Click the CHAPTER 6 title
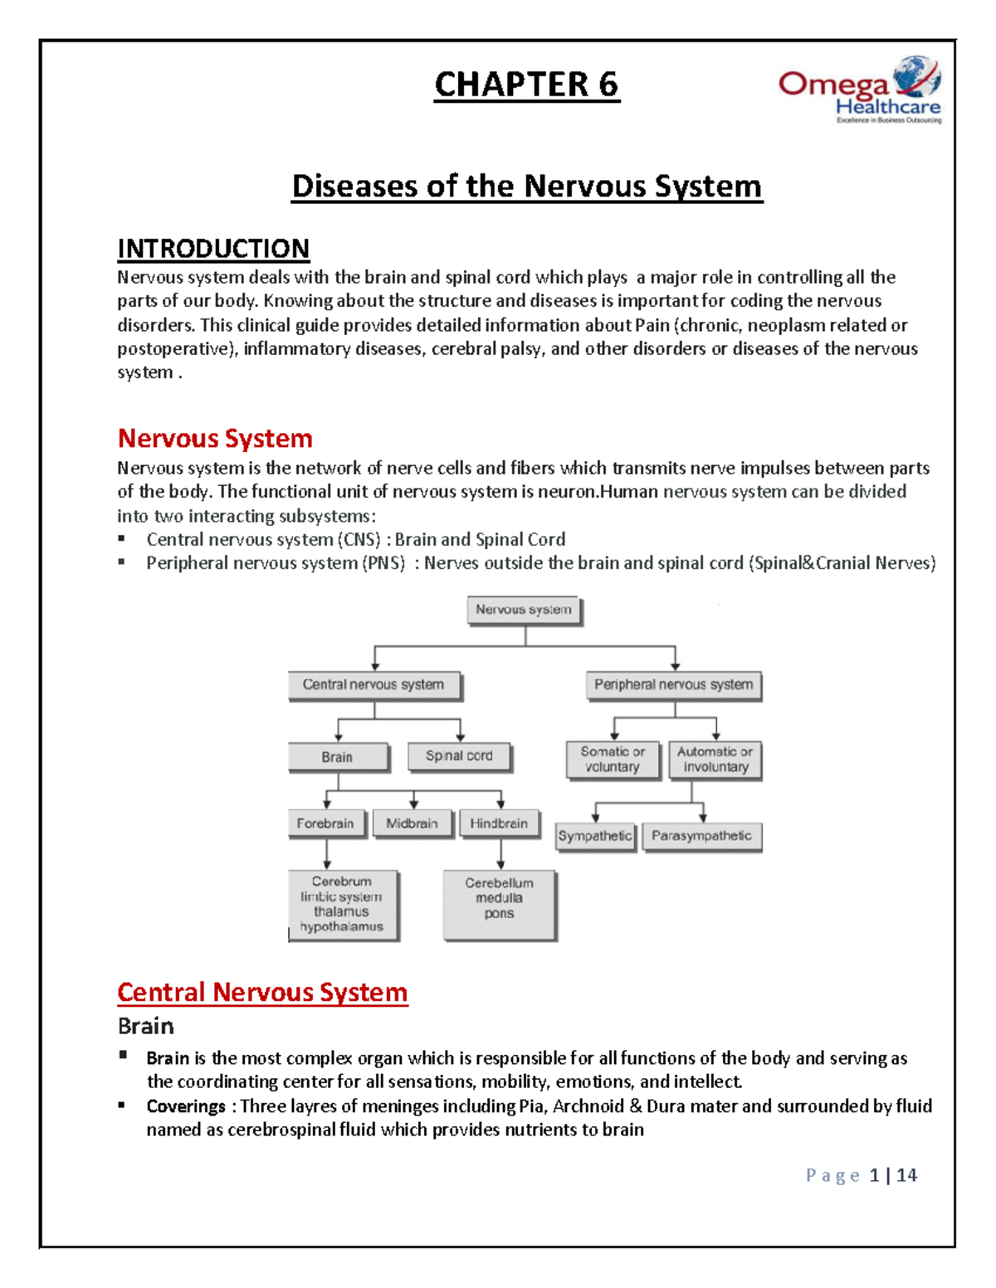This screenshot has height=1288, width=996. click(526, 85)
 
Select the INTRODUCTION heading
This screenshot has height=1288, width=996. click(213, 249)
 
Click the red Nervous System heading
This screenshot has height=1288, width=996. click(215, 439)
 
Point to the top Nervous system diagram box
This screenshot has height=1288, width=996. click(524, 610)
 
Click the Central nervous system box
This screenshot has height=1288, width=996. click(373, 685)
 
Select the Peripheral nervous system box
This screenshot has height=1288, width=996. click(673, 685)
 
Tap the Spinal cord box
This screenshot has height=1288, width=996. click(459, 756)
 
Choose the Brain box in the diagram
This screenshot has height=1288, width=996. click(337, 757)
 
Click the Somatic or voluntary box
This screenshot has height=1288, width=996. click(613, 760)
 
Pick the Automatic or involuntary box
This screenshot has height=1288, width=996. click(715, 760)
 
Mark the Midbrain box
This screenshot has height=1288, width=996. click(412, 824)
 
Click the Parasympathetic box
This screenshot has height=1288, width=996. click(701, 836)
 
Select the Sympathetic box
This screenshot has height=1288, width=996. click(594, 836)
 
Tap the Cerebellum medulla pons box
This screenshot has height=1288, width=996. click(499, 904)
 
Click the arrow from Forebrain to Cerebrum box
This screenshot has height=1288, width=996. click(327, 854)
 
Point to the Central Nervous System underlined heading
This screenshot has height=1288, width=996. click(262, 993)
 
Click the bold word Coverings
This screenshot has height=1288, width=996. click(186, 1106)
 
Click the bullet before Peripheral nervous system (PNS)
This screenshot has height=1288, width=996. click(122, 562)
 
